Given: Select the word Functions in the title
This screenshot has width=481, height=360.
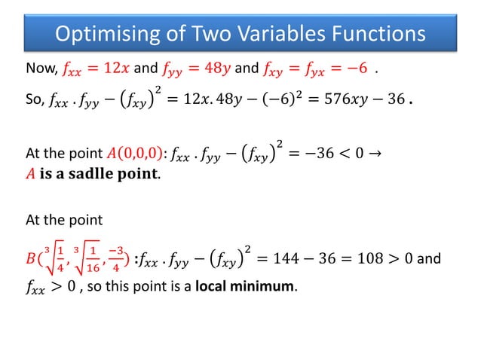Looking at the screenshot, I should click(x=378, y=34).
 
